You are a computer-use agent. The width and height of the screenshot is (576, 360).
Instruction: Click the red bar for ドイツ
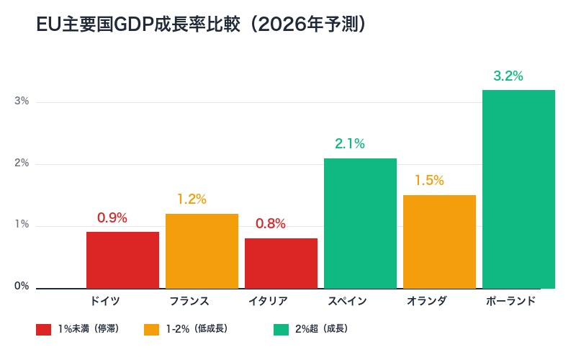point(122,260)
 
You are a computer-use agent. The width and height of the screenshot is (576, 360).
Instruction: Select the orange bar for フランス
point(202,251)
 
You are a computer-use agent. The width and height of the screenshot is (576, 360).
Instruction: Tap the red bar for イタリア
point(281,264)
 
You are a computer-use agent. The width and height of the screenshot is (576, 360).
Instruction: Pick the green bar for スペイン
point(360,223)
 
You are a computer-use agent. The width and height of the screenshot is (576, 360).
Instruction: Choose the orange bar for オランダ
point(439,242)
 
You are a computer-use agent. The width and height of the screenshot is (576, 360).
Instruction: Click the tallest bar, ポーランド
point(518,189)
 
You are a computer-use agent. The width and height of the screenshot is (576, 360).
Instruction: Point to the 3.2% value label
point(508,76)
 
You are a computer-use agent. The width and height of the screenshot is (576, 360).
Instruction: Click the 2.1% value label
point(350,144)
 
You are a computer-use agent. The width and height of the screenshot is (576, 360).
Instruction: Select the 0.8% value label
point(271,224)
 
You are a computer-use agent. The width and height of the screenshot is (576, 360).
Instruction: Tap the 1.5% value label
point(429,181)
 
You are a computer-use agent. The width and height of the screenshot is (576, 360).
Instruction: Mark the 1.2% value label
point(192,199)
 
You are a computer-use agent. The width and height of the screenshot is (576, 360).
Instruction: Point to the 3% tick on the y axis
point(22,102)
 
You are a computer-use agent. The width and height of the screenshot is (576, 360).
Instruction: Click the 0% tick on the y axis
point(22,287)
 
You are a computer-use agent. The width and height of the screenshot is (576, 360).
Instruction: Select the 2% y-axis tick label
point(22,163)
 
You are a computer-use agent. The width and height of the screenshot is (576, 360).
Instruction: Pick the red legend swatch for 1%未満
point(43,330)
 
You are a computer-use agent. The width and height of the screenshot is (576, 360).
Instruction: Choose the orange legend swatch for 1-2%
point(151,330)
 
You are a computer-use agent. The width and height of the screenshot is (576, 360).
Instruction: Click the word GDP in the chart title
point(132,25)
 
